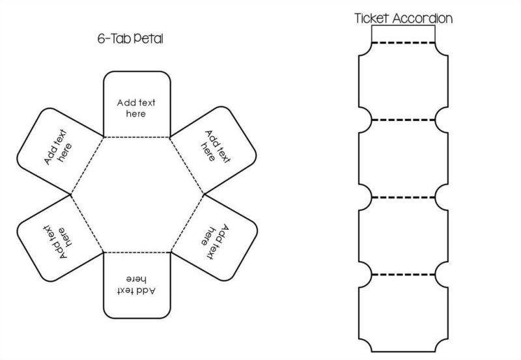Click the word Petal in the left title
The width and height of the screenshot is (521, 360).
point(149,39)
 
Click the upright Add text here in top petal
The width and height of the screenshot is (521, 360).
point(136,108)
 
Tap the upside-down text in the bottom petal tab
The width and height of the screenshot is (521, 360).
point(136,284)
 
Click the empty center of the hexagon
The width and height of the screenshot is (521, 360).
point(137,194)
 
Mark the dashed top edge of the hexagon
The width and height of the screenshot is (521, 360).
point(137,137)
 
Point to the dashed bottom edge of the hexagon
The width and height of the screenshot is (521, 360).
point(137,251)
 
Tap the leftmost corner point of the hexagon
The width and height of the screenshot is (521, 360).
point(70,194)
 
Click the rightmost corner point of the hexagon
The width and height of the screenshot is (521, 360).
point(204,194)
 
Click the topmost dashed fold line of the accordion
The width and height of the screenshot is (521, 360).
point(403,43)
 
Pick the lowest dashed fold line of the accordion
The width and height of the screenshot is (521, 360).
point(403,274)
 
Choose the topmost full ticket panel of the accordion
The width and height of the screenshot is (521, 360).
point(403,81)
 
